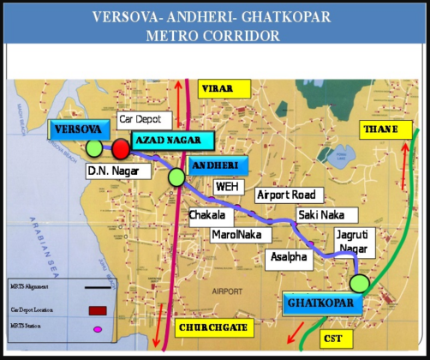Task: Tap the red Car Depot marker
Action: pos(121,149)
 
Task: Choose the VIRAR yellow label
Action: pos(223,88)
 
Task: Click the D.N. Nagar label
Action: pos(113,171)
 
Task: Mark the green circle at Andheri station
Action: pos(176,177)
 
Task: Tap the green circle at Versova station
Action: pos(93,148)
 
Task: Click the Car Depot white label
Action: pos(144,118)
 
